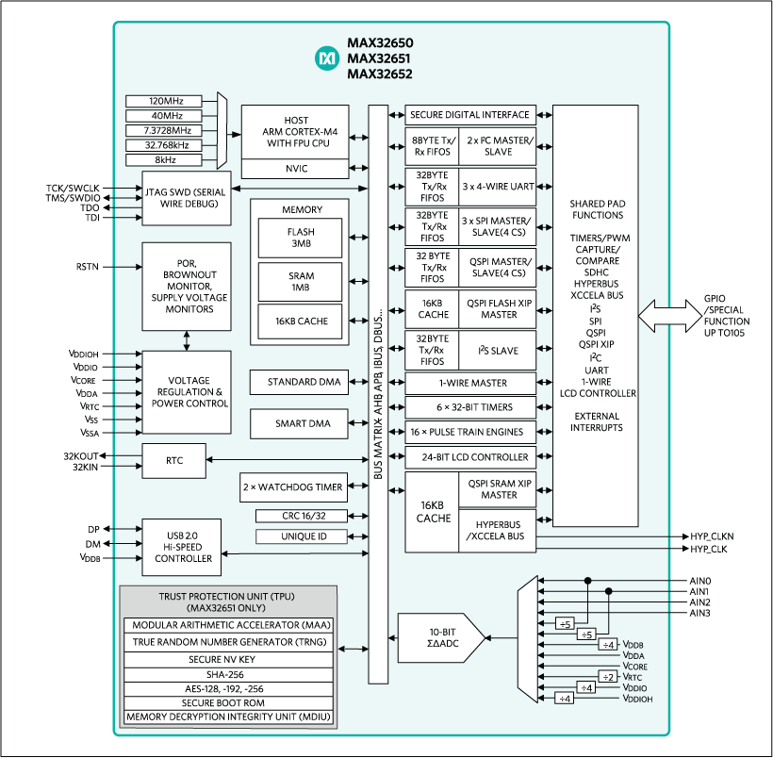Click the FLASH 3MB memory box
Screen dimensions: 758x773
[x=301, y=239]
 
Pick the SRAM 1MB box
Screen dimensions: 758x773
[x=301, y=280]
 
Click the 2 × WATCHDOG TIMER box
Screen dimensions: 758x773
[x=293, y=487]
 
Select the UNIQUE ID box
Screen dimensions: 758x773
[x=301, y=536]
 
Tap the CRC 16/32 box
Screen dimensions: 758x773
[x=301, y=516]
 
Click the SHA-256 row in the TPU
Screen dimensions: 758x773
[x=229, y=674]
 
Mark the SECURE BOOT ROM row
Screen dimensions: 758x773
[x=229, y=703]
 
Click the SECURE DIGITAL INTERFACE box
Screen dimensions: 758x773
[x=470, y=115]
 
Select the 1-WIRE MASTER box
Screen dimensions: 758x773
[x=470, y=383]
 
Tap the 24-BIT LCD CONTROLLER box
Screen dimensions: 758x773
[x=470, y=457]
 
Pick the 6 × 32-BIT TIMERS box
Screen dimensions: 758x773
[x=470, y=407]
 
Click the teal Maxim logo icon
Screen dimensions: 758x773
[x=327, y=58]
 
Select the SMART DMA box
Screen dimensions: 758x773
[x=296, y=423]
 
